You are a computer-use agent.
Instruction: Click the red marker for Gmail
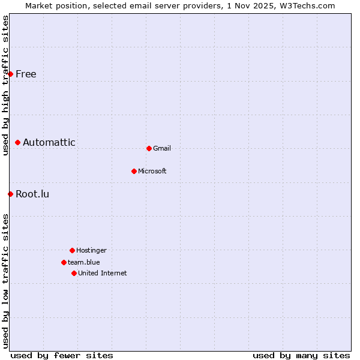149,148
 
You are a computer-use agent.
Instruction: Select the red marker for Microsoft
134,171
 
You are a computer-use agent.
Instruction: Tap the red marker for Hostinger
72,250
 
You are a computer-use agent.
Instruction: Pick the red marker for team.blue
64,262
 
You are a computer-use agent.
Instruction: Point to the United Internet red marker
74,273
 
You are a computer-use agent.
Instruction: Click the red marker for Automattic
18,142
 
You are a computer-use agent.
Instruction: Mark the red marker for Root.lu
10,194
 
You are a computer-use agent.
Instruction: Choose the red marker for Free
10,74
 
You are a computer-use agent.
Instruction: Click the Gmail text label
162,148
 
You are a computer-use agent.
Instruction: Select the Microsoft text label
152,171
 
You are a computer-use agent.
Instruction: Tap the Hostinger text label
91,250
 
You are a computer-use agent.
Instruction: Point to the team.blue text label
84,262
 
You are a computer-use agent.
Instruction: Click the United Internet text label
103,273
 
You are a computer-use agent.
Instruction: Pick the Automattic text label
49,142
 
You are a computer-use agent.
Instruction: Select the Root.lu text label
32,194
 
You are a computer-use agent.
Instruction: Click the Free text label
26,74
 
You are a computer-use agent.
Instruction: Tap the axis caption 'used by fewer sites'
62,355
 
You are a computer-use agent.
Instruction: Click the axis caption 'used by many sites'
301,355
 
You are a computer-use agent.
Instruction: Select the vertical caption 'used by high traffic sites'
5,85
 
